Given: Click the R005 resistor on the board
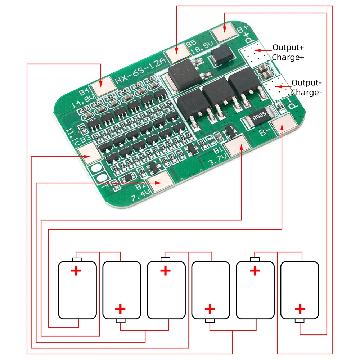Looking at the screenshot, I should click(258, 117).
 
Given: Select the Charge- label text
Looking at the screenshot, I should click(306, 93).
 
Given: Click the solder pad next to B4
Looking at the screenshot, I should click(103, 87).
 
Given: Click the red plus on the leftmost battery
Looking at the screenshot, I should click(76, 271).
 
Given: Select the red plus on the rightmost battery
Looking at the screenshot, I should click(300, 309).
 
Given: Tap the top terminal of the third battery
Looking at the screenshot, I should click(166, 260).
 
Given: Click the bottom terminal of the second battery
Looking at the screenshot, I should click(121, 321).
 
